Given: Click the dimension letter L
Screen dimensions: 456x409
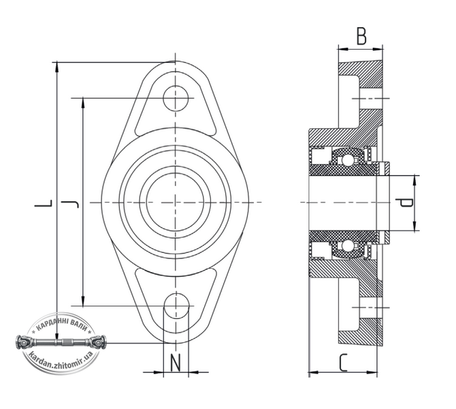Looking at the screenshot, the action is [x=44, y=203].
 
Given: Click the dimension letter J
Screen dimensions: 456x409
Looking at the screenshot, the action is [x=70, y=203].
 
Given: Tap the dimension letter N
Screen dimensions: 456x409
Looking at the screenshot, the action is [x=176, y=363].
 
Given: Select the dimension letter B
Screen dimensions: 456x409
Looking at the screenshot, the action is [x=361, y=36].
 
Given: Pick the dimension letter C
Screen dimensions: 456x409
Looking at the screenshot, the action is [x=344, y=363].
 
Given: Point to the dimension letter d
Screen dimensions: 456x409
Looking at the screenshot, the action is [x=406, y=202].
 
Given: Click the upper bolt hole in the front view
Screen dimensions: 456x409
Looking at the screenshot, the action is [x=176, y=98].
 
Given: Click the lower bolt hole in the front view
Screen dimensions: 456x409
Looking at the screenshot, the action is [x=176, y=305].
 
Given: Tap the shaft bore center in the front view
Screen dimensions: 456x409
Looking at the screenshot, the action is [x=176, y=202].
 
